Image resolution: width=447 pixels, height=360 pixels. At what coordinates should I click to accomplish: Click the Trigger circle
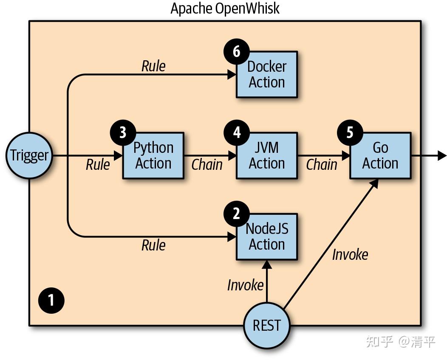click(x=29, y=155)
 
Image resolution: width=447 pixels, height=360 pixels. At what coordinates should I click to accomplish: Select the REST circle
click(x=267, y=326)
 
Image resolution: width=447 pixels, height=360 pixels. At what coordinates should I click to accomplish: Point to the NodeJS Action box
click(x=267, y=237)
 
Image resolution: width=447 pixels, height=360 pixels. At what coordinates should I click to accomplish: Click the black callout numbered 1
click(x=51, y=301)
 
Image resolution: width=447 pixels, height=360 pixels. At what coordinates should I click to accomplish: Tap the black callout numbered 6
click(x=237, y=52)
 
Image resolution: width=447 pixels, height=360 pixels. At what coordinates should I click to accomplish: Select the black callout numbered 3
click(x=123, y=132)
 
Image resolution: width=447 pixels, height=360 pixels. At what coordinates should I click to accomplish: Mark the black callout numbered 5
click(x=350, y=132)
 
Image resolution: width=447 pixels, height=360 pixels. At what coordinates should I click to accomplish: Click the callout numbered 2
click(x=237, y=214)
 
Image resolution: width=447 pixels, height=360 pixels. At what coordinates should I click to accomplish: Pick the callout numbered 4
click(x=237, y=132)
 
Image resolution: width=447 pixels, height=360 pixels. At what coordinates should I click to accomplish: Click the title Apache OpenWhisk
click(x=225, y=8)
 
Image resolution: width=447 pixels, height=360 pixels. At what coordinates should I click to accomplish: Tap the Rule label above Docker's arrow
click(x=153, y=66)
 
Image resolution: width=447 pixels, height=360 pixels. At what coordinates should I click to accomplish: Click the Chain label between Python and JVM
click(x=207, y=165)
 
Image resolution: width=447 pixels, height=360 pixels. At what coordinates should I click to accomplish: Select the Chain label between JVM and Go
click(x=322, y=165)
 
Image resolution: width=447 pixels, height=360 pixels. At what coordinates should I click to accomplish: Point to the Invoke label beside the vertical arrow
click(x=246, y=285)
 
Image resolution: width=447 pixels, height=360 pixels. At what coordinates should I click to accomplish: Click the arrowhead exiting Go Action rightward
click(x=442, y=156)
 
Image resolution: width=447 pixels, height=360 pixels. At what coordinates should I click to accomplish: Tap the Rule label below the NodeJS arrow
click(x=153, y=245)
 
